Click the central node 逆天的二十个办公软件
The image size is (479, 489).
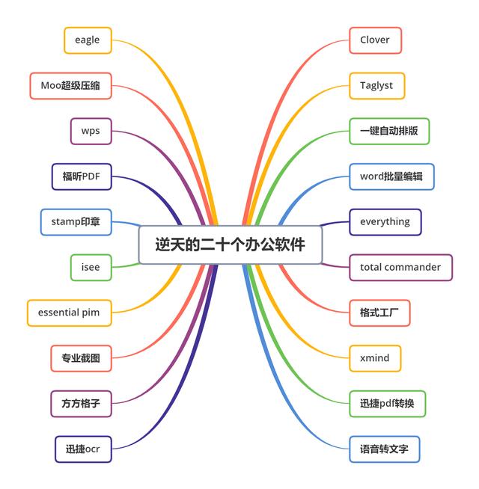coord(230,244)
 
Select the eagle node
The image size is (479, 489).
coord(88,40)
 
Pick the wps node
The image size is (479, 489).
coord(91,131)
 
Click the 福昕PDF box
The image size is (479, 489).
coord(82,176)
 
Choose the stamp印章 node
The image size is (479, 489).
coord(76,222)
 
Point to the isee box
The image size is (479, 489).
coord(91,267)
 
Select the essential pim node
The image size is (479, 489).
coord(69,313)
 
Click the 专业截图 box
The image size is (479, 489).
coord(81,358)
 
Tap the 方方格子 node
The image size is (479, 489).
coord(81,404)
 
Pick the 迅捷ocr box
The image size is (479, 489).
coord(83,449)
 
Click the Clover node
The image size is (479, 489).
coord(375,40)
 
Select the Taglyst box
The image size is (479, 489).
coord(376,85)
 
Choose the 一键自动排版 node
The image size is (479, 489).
coord(389,131)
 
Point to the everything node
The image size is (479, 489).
coord(385,222)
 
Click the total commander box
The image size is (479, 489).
coord(400,267)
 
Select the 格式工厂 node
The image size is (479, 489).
coord(379,313)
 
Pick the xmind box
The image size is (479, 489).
coord(375,358)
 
